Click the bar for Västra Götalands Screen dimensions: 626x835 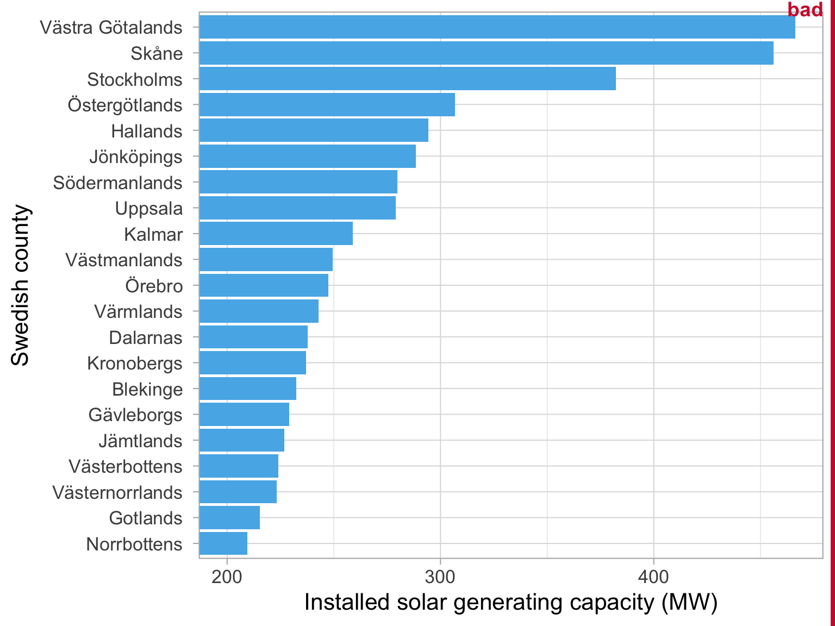pyautogui.click(x=497, y=27)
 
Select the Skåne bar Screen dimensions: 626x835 pyautogui.click(x=486, y=53)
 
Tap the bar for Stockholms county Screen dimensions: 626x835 pyautogui.click(x=407, y=79)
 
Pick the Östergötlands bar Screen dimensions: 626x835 pyautogui.click(x=327, y=105)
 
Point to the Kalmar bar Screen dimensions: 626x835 pyautogui.click(x=276, y=234)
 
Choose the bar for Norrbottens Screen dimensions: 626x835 pyautogui.click(x=223, y=544)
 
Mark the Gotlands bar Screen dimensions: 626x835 pyautogui.click(x=229, y=518)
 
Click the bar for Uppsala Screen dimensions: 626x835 pyautogui.click(x=297, y=208)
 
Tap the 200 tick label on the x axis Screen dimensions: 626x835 pyautogui.click(x=227, y=577)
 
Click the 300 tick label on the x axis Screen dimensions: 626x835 pyautogui.click(x=440, y=577)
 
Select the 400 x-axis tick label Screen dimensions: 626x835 pyautogui.click(x=653, y=577)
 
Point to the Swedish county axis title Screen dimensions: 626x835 pyautogui.click(x=20, y=285)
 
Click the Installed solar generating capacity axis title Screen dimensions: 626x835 pyautogui.click(x=510, y=603)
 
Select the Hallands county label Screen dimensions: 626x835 pyautogui.click(x=147, y=131)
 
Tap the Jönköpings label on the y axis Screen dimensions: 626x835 pyautogui.click(x=136, y=157)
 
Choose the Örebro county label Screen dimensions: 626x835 pyautogui.click(x=154, y=286)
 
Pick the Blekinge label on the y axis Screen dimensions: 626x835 pyautogui.click(x=147, y=389)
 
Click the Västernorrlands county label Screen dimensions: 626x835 pyautogui.click(x=117, y=492)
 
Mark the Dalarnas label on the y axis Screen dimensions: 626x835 pyautogui.click(x=146, y=337)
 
